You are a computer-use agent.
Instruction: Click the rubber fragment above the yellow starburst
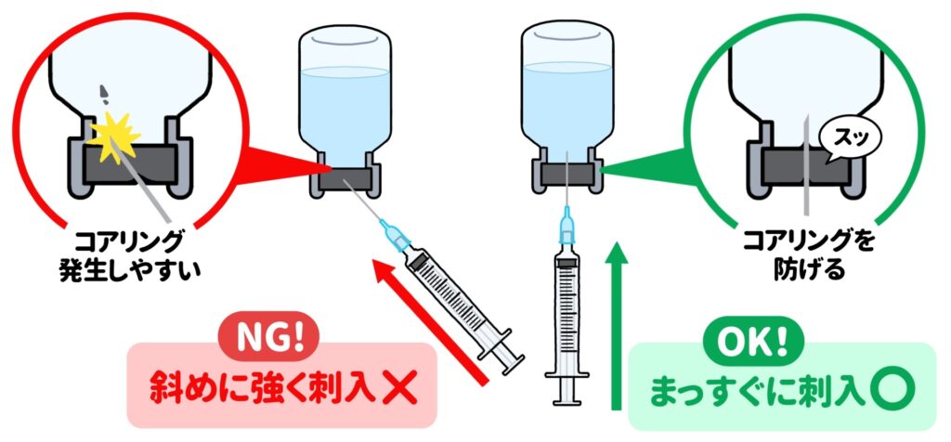pyautogui.click(x=104, y=93)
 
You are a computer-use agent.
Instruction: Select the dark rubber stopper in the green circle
pyautogui.click(x=807, y=164)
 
